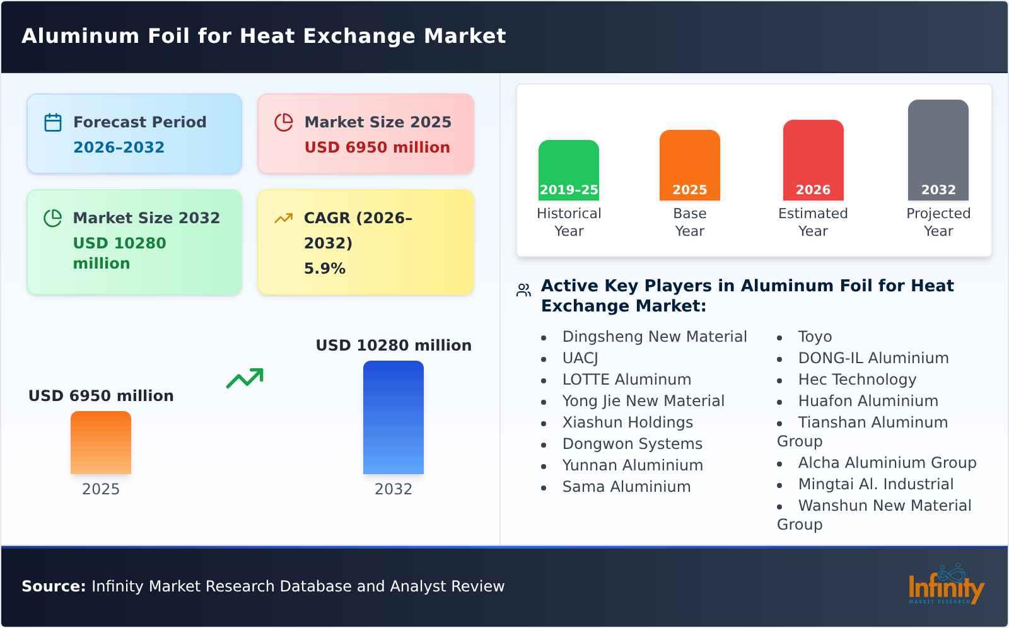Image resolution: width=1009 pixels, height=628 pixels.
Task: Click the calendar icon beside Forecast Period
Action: pyautogui.click(x=53, y=122)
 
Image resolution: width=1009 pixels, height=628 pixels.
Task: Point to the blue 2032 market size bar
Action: pyautogui.click(x=393, y=417)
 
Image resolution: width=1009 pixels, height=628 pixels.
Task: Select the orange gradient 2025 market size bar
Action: pyautogui.click(x=101, y=442)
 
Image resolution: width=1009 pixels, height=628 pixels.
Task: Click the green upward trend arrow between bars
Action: pyautogui.click(x=245, y=378)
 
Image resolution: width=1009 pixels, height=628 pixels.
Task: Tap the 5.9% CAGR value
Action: pyautogui.click(x=324, y=269)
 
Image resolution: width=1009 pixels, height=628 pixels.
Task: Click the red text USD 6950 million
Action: pyautogui.click(x=377, y=148)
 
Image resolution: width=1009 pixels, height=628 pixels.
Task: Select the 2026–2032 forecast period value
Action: pyautogui.click(x=119, y=148)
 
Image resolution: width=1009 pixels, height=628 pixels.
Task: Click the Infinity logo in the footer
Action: pyautogui.click(x=945, y=586)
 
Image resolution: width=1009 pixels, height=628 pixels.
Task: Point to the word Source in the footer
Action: pyautogui.click(x=53, y=586)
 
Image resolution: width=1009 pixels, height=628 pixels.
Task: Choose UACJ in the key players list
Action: pyautogui.click(x=580, y=358)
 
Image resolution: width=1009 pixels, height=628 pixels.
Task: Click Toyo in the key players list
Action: pyautogui.click(x=815, y=337)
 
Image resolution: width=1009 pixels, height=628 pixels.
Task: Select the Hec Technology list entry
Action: pyautogui.click(x=856, y=380)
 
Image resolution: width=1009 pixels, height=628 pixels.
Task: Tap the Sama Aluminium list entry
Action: pyautogui.click(x=626, y=487)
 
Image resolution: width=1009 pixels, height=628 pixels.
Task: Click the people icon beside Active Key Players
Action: pyautogui.click(x=523, y=290)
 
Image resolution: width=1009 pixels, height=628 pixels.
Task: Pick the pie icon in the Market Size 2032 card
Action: pyautogui.click(x=53, y=218)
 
